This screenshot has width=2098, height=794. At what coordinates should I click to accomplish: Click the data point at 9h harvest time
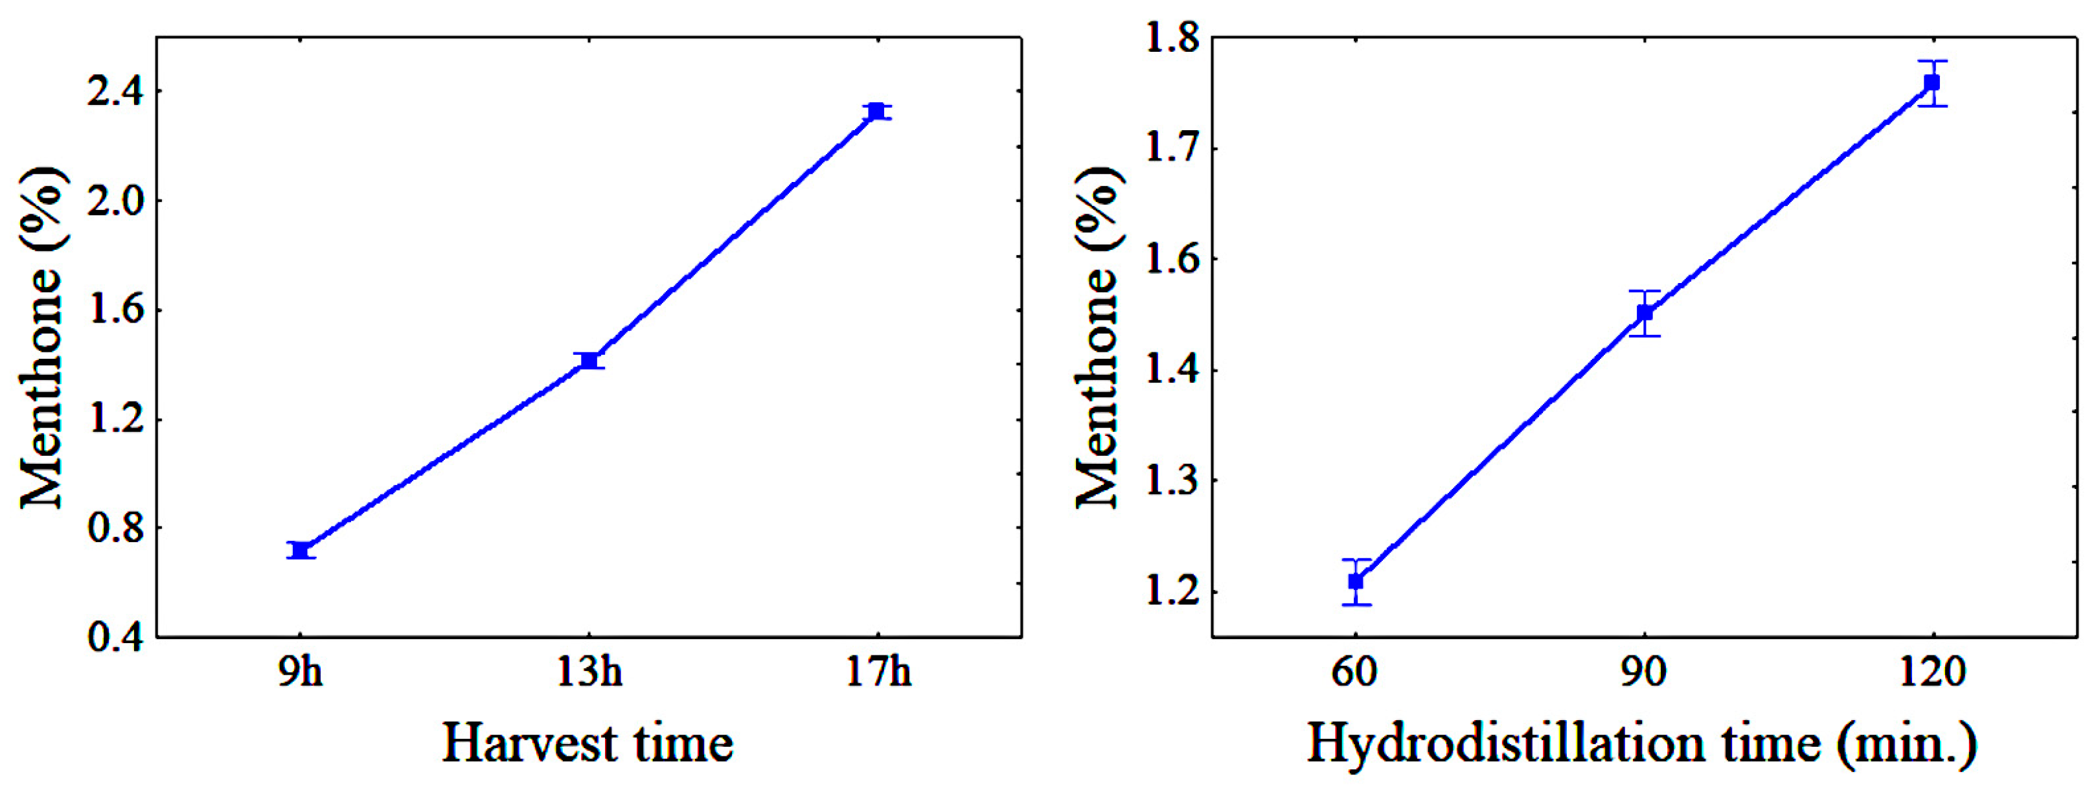(301, 550)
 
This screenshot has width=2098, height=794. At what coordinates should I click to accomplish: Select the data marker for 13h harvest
(589, 360)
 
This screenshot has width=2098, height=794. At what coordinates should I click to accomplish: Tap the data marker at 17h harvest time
(876, 111)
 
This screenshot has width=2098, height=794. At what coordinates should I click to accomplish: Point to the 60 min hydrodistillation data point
(1355, 582)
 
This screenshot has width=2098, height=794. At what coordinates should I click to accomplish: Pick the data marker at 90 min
(1645, 313)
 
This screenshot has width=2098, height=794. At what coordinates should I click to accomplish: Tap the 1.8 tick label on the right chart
(1172, 39)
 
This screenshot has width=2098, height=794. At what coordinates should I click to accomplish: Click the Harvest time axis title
(587, 743)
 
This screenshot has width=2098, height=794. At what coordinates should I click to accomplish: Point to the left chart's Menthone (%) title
(41, 337)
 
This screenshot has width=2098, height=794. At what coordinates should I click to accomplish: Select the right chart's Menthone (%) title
(1097, 337)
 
